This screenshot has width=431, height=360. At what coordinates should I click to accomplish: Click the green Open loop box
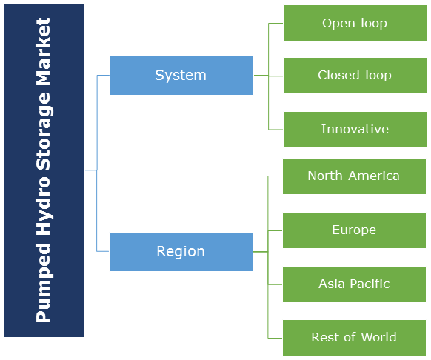click(355, 24)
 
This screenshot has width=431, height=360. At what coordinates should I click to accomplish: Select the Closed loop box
click(355, 76)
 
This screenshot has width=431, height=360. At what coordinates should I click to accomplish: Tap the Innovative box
click(355, 130)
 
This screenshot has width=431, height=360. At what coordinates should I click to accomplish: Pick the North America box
click(354, 176)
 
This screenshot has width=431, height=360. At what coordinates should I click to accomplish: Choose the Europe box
click(354, 230)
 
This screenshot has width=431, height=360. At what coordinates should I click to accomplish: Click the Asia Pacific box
click(354, 284)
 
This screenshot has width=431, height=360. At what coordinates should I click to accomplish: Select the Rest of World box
click(354, 338)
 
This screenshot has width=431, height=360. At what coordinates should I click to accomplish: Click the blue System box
click(181, 76)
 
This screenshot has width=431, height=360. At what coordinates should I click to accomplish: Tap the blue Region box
click(181, 252)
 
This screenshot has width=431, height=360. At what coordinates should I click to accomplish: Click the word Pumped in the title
click(44, 283)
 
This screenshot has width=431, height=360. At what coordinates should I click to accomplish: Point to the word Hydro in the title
click(44, 206)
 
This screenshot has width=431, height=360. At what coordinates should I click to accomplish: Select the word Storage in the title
click(44, 131)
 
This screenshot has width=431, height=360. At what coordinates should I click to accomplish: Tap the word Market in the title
click(43, 52)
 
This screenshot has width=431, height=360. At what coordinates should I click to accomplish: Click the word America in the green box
click(373, 176)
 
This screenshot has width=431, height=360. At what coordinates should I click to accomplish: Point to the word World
click(378, 337)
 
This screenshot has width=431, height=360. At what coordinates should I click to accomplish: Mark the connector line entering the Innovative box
click(275, 129)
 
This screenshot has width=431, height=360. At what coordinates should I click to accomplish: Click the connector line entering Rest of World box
click(275, 338)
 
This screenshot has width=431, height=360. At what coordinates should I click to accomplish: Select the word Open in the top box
click(338, 24)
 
